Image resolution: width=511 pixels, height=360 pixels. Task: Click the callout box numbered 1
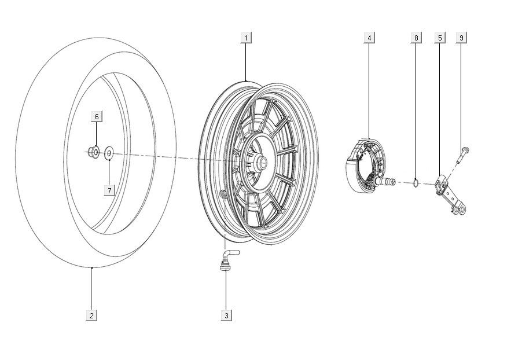(246, 38)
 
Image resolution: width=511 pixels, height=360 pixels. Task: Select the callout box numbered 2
(91, 315)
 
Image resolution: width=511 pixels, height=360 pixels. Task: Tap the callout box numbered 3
(226, 315)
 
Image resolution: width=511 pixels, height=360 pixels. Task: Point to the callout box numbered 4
(369, 38)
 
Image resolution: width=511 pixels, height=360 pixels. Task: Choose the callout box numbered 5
(440, 38)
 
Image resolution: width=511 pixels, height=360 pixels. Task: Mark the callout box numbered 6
(97, 117)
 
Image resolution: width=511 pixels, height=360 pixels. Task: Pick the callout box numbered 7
(108, 190)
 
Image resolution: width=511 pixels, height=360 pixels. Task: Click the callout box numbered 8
(416, 38)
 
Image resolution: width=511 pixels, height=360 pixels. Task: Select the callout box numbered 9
(461, 38)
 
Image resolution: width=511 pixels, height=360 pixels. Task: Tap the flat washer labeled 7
(109, 154)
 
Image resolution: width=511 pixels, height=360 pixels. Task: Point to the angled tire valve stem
(225, 258)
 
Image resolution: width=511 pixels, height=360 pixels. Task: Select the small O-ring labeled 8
(416, 184)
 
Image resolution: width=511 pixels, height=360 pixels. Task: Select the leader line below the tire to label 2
(91, 289)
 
